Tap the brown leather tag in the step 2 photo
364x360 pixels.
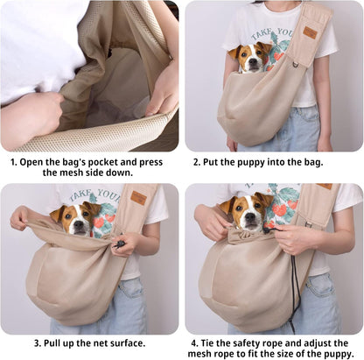[x=311, y=33]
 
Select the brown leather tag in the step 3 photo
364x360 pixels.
[x=138, y=199]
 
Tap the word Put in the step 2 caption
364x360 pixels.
[x=219, y=162]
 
